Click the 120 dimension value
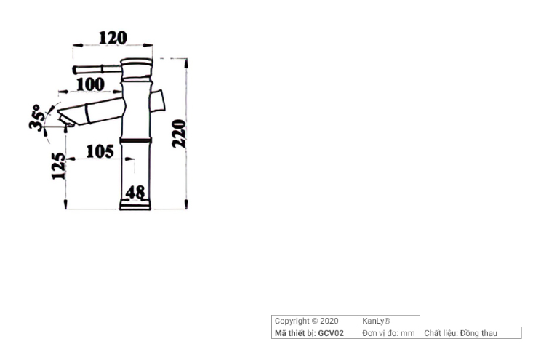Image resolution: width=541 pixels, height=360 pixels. point(113,38)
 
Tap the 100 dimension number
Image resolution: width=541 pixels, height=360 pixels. point(90,84)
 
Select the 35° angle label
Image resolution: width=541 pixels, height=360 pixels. point(37,118)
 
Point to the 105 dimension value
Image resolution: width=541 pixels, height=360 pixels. point(100,151)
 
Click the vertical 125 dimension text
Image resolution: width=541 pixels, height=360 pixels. point(58,166)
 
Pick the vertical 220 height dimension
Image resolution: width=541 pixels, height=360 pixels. point(179,134)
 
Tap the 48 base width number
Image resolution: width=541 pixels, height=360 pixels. point(135,192)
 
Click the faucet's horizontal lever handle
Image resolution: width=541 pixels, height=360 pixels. point(97,69)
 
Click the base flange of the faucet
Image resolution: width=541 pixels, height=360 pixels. point(135,204)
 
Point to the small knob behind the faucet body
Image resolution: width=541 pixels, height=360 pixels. point(158,100)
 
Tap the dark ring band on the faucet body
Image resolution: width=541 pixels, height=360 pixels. point(135,140)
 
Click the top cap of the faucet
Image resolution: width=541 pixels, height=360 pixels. point(137,62)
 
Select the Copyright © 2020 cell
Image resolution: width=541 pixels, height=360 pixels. point(306,321)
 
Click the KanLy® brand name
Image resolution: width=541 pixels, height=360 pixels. point(376,321)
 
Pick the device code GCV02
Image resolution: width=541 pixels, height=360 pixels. point(331,333)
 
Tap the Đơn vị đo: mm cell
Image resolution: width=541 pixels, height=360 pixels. point(388,333)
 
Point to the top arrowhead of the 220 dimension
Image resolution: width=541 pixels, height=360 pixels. point(186,63)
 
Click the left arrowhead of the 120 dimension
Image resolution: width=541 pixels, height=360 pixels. point(77,45)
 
